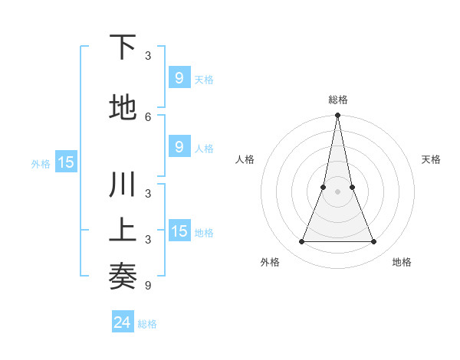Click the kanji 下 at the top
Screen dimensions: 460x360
coord(123,47)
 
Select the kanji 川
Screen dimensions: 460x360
coord(123,186)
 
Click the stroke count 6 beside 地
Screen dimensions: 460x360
coord(148,116)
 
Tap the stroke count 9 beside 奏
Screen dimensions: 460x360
coord(148,286)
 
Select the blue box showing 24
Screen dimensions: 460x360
coord(123,322)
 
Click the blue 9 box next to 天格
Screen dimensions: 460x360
coord(179,77)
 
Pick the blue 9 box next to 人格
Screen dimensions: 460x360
coord(179,147)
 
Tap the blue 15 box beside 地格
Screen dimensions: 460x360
coord(179,231)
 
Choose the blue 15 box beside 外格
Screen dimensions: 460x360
coord(66,162)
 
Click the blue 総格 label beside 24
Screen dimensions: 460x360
coord(147,324)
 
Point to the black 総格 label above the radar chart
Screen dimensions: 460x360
coord(337,100)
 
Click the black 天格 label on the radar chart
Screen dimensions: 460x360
coord(432,159)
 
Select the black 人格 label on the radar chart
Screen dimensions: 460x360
coord(245,159)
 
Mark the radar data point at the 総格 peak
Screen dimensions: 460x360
coord(337,116)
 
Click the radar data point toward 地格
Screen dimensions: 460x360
coord(374,242)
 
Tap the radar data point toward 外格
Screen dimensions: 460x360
coord(301,242)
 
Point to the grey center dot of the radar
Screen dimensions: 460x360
coord(337,191)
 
